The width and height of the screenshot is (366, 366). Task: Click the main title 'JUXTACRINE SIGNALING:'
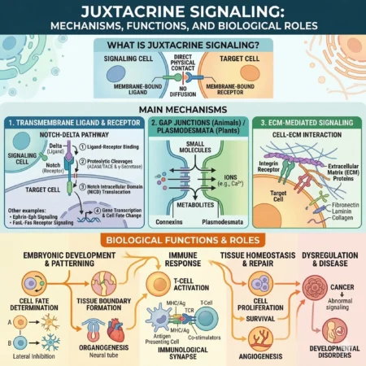coord(182,11)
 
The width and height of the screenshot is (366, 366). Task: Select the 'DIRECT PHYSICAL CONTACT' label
coord(183,62)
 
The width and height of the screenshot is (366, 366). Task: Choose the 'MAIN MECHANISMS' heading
coord(182,107)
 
